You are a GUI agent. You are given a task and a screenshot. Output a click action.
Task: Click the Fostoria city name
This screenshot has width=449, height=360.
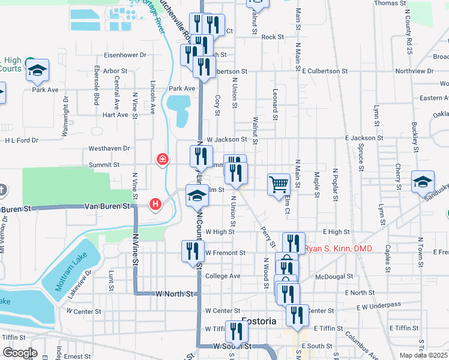(x=259, y=322)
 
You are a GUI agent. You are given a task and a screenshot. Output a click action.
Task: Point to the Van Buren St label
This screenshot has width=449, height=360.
(x=107, y=206)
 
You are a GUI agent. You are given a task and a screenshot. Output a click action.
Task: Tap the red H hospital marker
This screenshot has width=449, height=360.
(x=156, y=205)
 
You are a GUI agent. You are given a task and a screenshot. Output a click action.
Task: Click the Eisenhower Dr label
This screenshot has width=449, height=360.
(x=125, y=55)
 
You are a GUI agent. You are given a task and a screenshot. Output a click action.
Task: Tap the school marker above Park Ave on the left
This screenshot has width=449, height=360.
(x=38, y=71)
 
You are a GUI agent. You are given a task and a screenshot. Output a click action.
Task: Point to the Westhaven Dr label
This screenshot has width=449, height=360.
(x=109, y=148)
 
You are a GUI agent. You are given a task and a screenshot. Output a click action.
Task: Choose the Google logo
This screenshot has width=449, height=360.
(x=20, y=353)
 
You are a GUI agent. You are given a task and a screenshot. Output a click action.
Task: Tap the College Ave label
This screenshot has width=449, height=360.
(x=222, y=276)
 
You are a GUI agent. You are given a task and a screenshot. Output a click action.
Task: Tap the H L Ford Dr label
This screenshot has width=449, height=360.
(x=22, y=140)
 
